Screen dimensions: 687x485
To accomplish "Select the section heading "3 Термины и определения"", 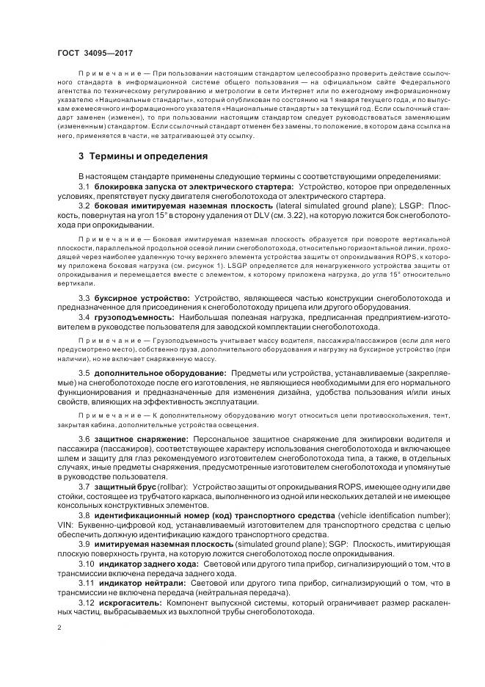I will coord(142,156).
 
